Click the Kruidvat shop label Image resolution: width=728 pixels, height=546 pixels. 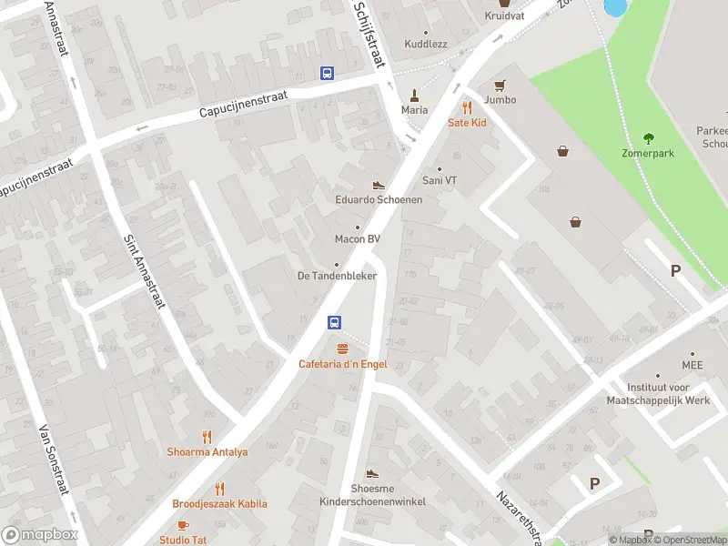(503, 16)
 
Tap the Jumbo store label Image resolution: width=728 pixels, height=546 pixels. (500, 99)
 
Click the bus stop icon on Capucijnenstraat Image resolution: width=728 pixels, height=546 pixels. (326, 73)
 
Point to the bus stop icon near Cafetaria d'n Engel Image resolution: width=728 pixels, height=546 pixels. (335, 322)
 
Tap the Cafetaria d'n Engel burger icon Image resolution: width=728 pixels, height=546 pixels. (343, 349)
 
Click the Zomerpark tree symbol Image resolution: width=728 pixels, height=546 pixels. (648, 138)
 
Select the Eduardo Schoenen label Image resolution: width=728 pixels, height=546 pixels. (379, 199)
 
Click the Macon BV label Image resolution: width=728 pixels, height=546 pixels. (357, 239)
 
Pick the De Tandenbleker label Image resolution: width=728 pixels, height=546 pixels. (337, 276)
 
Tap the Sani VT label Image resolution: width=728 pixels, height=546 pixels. (440, 180)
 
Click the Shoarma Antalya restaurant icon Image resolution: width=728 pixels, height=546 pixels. (207, 437)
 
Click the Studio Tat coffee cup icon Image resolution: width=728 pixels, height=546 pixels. (182, 525)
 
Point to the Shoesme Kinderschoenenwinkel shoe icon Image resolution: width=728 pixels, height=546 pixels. (371, 473)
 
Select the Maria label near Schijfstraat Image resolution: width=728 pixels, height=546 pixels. (414, 110)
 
